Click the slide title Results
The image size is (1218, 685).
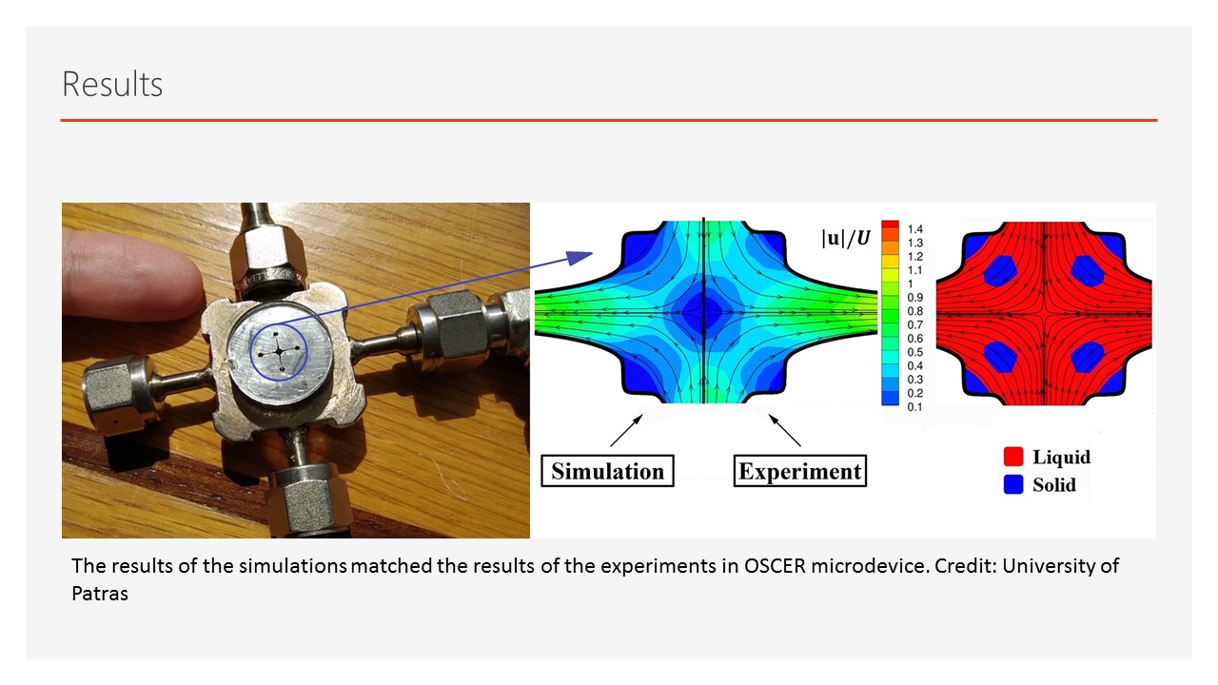pos(112,85)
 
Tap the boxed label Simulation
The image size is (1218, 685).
pos(607,471)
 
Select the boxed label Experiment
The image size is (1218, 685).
pos(800,471)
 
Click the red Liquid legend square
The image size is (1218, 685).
pos(1013,457)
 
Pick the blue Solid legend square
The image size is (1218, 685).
pos(1013,484)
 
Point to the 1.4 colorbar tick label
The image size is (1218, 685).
pos(915,229)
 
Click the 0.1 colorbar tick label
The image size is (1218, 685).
pos(915,406)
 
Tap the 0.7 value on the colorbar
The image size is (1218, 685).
pos(915,324)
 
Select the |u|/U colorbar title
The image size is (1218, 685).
pos(846,238)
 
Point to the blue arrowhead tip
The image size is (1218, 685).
pos(592,253)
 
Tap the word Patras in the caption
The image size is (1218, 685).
pos(100,593)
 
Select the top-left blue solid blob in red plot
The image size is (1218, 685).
pos(1000,271)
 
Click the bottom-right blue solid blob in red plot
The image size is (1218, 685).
pos(1088,357)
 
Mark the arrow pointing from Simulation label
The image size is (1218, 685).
pos(626,430)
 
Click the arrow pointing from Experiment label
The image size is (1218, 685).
pos(785,430)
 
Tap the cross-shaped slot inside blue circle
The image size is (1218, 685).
pos(279,352)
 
